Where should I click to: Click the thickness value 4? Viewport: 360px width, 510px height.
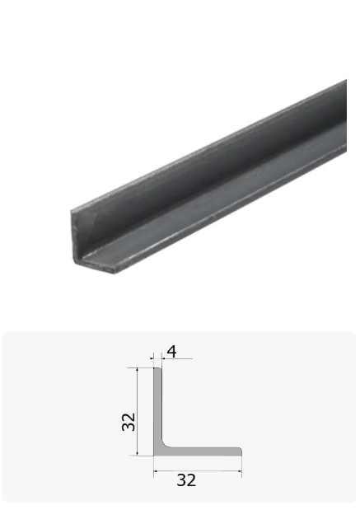[x=171, y=352]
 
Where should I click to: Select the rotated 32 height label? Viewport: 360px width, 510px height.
[x=129, y=422]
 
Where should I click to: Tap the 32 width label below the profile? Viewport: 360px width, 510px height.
[x=186, y=480]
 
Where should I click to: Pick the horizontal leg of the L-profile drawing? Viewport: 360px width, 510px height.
[x=202, y=452]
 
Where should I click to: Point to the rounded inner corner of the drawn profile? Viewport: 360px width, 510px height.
[x=164, y=445]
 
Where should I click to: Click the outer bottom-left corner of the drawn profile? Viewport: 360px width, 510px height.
[x=154, y=456]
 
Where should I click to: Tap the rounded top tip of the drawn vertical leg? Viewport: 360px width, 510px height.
[x=157, y=368]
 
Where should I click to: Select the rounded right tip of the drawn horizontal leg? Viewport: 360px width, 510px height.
[x=241, y=452]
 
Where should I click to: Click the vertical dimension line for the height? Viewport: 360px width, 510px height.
[x=138, y=412]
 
